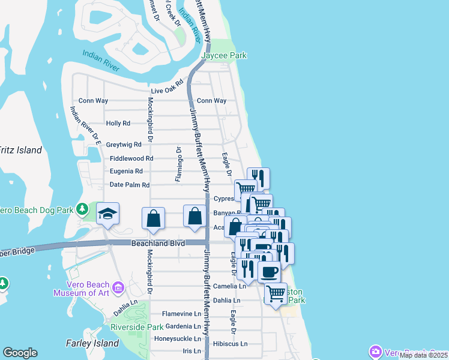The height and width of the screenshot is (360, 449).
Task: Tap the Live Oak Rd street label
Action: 166,88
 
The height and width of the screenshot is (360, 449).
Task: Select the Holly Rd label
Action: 118,123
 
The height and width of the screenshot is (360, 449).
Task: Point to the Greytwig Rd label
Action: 124,145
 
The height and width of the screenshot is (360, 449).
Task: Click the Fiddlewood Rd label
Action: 132,158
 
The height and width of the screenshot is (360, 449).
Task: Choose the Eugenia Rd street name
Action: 126,171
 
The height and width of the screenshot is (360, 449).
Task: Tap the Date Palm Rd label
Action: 130,185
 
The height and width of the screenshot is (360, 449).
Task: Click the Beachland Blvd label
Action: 158,243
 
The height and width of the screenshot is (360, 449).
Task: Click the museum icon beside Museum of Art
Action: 118,289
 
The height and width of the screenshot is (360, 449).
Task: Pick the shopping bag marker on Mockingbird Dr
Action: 154,218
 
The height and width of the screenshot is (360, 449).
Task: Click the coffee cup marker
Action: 269,272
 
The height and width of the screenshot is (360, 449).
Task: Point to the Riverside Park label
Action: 137,328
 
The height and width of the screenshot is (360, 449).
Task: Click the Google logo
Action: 20,353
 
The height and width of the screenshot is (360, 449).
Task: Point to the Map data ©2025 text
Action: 423,355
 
